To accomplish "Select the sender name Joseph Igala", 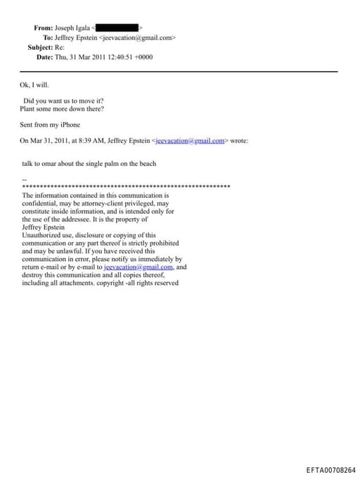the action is [x=77, y=28].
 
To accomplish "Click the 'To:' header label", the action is [x=48, y=37].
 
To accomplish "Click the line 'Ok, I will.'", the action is [x=34, y=86].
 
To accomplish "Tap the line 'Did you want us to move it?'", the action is [x=64, y=101].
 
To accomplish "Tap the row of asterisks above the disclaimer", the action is [x=127, y=186].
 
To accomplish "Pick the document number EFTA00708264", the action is [x=330, y=469].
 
